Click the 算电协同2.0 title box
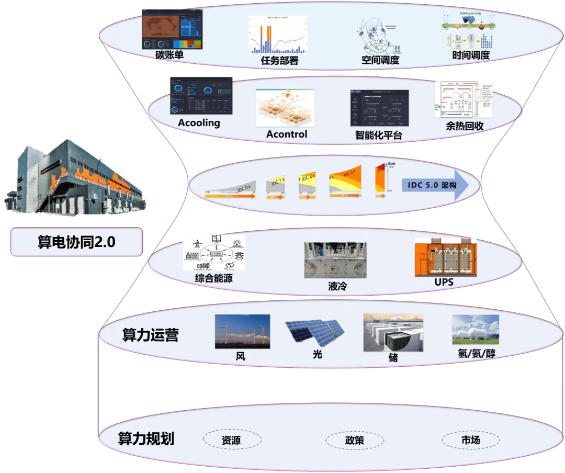tap(76, 242)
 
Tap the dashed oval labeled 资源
tap(231, 440)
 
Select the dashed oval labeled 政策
tap(354, 440)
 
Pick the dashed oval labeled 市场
tap(470, 440)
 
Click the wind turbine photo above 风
tap(242, 331)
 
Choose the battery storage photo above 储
tap(393, 332)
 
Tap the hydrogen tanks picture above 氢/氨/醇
tap(475, 330)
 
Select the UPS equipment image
tap(446, 257)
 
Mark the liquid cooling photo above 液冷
tap(335, 260)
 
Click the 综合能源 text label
tap(213, 278)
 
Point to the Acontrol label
tap(287, 134)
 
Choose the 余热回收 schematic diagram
tap(464, 99)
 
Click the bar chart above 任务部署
tap(278, 35)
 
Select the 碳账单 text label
tap(169, 55)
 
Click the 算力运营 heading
tap(150, 335)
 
